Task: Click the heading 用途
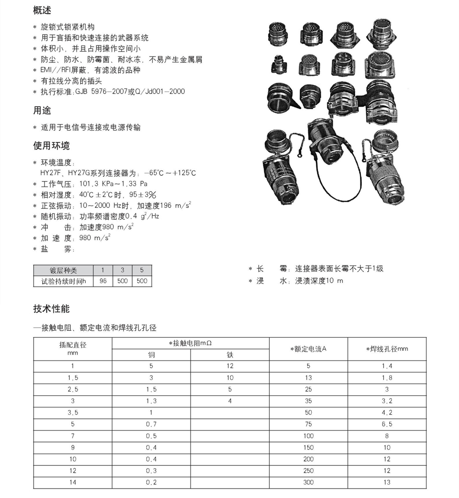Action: pos(42,111)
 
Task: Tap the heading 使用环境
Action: pos(51,146)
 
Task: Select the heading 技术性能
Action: pos(51,309)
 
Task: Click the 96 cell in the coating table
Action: pos(103,280)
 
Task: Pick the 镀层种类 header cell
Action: pos(63,270)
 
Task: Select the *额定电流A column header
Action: pos(308,349)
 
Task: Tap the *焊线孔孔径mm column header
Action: pos(387,349)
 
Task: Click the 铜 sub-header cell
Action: pos(151,354)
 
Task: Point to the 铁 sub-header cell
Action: pos(230,354)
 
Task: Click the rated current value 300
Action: pos(308,482)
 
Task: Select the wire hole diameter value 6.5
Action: pos(387,424)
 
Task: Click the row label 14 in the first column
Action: pos(73,482)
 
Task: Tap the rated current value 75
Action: pos(308,424)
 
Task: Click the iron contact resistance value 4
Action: pos(230,401)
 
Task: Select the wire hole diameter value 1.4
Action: pos(387,366)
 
